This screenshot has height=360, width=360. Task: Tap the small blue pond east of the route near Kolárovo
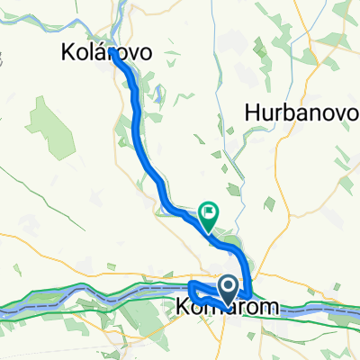click(x=155, y=91)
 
